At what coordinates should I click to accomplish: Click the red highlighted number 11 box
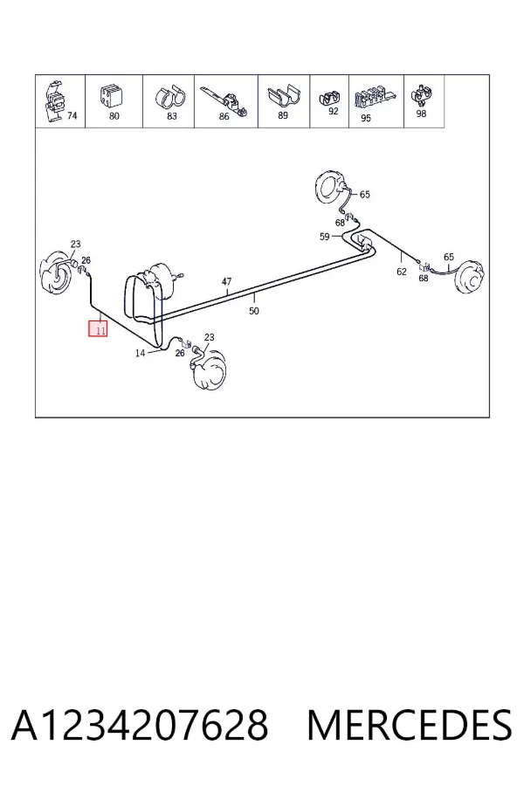tap(98, 329)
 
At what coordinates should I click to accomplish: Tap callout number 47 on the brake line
tap(227, 282)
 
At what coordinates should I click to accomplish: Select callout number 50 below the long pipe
tap(254, 311)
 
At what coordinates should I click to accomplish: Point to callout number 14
tap(141, 353)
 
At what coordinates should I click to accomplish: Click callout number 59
tap(325, 236)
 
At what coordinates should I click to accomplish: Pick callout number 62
tap(402, 272)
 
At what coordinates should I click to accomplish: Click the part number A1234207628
tap(140, 725)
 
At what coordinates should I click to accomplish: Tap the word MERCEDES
tap(410, 725)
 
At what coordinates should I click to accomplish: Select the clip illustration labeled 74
tap(54, 101)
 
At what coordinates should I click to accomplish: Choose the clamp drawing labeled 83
tap(169, 97)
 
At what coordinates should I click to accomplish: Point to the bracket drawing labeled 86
tap(224, 100)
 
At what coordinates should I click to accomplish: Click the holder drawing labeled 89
tap(284, 96)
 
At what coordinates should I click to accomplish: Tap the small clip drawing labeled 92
tap(328, 97)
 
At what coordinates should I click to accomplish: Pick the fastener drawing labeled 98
tap(420, 96)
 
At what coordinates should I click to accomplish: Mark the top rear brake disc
tap(331, 187)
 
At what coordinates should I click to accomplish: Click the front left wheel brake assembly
tap(55, 275)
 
